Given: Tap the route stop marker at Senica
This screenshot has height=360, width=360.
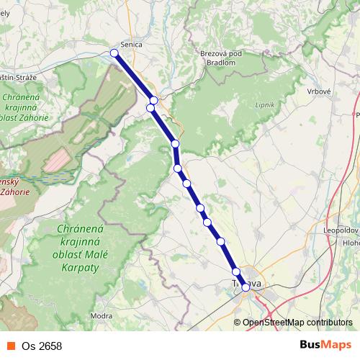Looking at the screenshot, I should point(114,53).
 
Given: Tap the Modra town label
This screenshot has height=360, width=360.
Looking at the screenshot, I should point(102,316).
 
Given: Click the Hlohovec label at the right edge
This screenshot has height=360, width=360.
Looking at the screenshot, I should point(352,243).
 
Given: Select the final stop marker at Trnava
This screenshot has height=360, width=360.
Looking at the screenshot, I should point(246,287).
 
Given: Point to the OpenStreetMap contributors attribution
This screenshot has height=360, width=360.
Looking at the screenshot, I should point(298,322).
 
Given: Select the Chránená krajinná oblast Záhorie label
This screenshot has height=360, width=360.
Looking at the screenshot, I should point(24,107).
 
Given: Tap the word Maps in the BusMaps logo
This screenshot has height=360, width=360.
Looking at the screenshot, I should point(337,345).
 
